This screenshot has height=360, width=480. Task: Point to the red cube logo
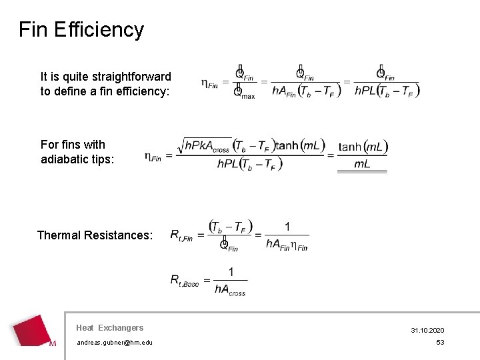(x=34, y=331)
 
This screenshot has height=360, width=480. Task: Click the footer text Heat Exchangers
(x=109, y=327)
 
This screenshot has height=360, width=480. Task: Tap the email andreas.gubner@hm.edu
(x=114, y=342)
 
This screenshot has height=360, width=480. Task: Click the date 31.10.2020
(x=427, y=331)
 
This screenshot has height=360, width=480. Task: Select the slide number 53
(x=440, y=342)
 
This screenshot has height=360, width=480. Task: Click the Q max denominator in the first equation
(x=243, y=93)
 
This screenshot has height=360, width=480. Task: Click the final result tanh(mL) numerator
(x=363, y=147)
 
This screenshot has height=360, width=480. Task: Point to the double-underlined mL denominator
(x=362, y=164)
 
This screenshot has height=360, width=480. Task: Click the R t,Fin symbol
(x=181, y=235)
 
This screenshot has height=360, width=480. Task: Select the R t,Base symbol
(x=184, y=281)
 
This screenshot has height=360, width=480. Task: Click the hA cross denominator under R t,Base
(x=230, y=289)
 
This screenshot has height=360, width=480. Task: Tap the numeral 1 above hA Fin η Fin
(x=287, y=227)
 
